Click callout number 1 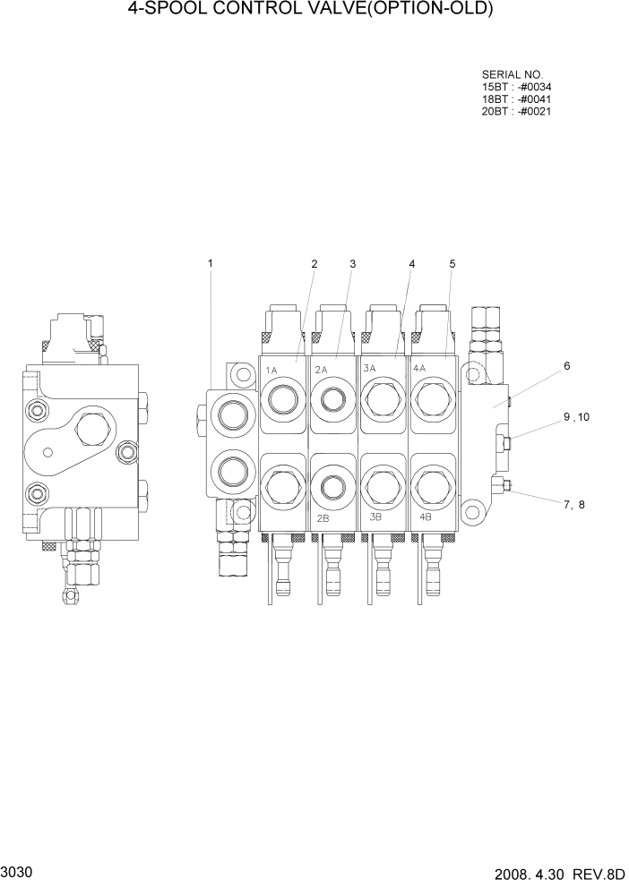tap(211, 263)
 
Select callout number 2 tap(314, 263)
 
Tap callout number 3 tap(353, 263)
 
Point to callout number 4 tap(412, 263)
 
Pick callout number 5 tap(452, 263)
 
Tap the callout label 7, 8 tap(573, 504)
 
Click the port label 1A tap(271, 369)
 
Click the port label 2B tap(323, 517)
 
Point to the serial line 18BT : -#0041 tap(516, 99)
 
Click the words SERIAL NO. tap(513, 74)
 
